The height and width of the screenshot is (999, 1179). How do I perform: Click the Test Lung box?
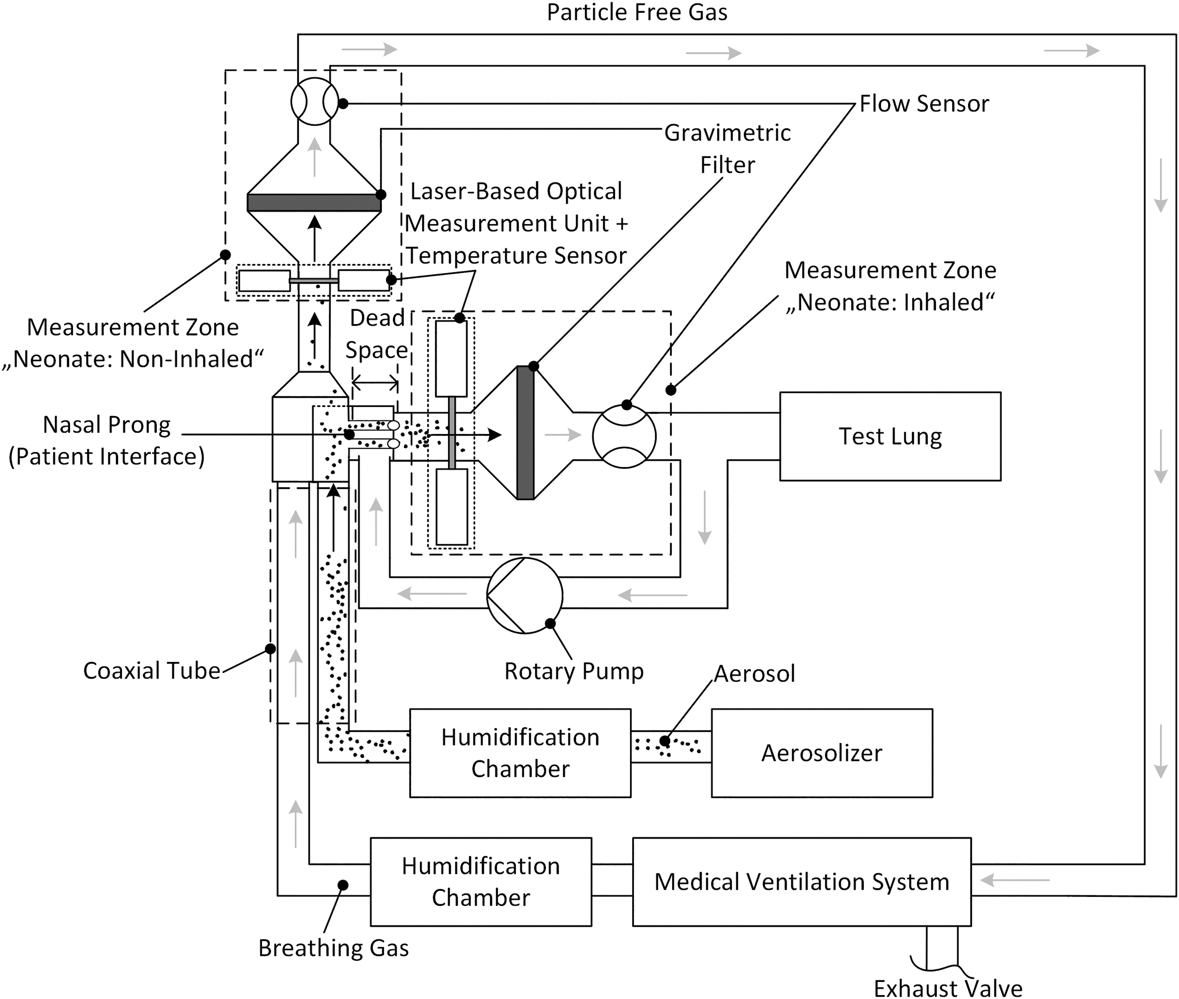click(x=890, y=436)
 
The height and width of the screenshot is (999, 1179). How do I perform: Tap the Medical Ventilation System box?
click(x=802, y=882)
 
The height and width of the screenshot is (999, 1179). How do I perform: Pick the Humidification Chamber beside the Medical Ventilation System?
click(x=481, y=882)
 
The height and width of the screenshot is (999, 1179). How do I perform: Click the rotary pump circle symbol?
click(x=524, y=595)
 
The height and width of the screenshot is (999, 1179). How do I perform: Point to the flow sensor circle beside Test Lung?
click(x=624, y=436)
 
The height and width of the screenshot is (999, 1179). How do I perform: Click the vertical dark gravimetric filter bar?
click(x=525, y=433)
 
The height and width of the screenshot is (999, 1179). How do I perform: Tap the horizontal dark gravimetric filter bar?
click(x=314, y=202)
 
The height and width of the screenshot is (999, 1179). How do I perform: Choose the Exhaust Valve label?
click(x=948, y=988)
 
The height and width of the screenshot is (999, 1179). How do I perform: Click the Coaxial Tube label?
click(x=151, y=670)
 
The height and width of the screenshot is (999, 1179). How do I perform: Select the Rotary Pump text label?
click(x=574, y=671)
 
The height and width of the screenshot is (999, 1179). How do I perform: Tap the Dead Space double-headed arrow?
click(x=375, y=384)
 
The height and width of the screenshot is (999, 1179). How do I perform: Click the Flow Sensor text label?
click(x=924, y=104)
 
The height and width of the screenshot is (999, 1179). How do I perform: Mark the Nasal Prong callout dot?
click(x=349, y=434)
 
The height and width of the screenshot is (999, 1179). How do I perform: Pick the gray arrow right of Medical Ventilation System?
click(x=1014, y=880)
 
